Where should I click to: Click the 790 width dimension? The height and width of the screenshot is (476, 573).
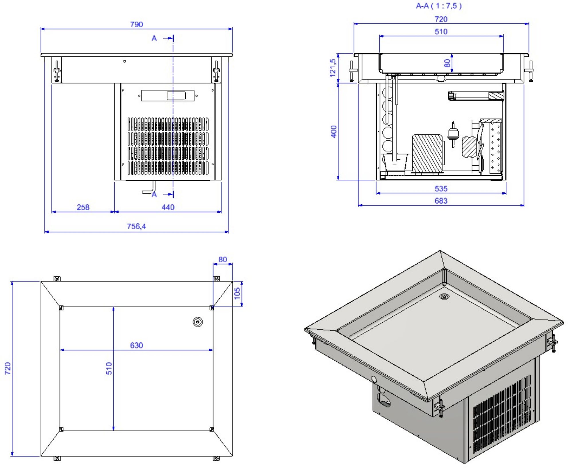(x=137, y=24)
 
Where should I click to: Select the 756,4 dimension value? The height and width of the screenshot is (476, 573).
(x=136, y=226)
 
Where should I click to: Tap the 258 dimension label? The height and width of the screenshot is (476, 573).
(x=83, y=207)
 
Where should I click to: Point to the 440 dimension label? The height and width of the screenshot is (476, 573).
(x=168, y=207)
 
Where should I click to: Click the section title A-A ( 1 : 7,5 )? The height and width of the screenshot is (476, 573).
(x=439, y=6)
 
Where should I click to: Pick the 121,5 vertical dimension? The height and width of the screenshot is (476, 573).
(x=333, y=68)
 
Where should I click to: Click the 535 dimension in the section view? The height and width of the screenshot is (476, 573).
(x=441, y=189)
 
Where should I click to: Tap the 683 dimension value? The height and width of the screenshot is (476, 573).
(x=441, y=201)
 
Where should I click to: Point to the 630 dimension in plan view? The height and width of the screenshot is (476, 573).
(x=136, y=345)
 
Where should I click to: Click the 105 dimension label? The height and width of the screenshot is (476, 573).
(x=237, y=293)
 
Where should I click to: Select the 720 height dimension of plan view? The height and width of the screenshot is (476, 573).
(x=8, y=368)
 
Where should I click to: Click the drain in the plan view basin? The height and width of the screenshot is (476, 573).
(x=198, y=322)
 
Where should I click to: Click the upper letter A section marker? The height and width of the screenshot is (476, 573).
(x=154, y=38)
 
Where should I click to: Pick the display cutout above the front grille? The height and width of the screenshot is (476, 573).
(x=168, y=96)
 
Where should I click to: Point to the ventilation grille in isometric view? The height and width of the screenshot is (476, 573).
(x=501, y=418)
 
